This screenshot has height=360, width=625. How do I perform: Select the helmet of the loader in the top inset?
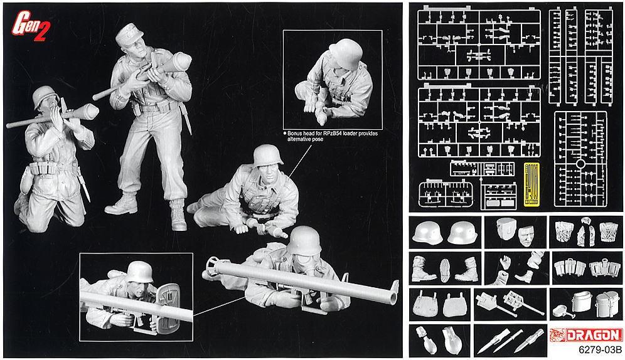[x=342, y=51]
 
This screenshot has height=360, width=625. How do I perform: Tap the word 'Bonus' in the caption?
[x=295, y=134]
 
